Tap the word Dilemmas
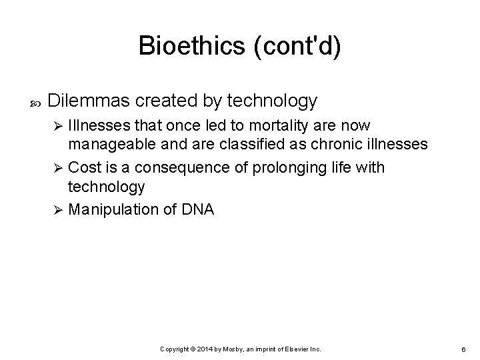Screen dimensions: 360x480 point(90,101)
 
